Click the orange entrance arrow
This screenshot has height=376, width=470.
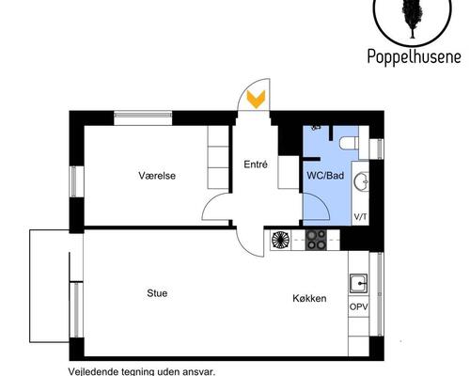pos(256,99)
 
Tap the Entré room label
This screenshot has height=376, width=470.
pos(256,164)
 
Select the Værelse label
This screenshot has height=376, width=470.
pos(157,176)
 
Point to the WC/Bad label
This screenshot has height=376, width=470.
pos(325,176)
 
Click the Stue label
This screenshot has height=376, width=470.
pos(157,293)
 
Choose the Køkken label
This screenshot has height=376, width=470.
pos(309,298)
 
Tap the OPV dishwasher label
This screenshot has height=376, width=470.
pos(359,306)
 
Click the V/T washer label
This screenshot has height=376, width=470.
pos(360,217)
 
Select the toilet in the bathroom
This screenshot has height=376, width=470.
pos(349,143)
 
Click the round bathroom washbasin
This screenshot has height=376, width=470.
pos(361,181)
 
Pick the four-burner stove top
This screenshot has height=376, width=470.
pos(316,240)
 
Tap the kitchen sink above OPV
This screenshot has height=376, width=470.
pos(359,283)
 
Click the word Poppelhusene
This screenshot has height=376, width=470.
pos(414,57)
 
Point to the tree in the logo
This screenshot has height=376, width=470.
pos(412,18)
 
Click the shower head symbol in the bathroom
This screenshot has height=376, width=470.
pos(316,128)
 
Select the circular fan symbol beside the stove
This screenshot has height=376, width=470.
pos(281,240)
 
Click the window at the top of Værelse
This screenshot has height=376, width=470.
pos(143,115)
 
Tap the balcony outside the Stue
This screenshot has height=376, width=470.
pos(49,286)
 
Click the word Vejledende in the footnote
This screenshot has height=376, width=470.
pos(91,372)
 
